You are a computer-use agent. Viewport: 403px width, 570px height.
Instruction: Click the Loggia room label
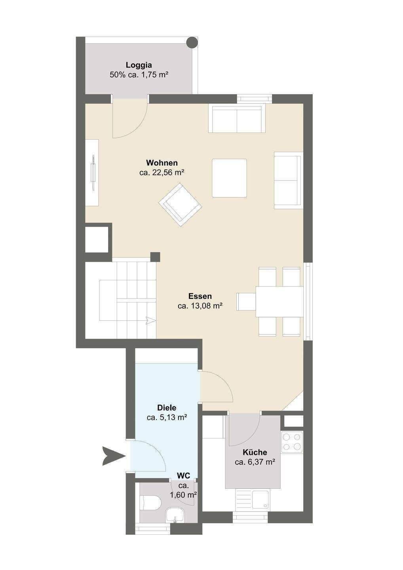click(139, 65)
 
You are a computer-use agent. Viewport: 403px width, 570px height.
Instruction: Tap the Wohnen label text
click(162, 162)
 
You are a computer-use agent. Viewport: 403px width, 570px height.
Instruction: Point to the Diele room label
click(167, 408)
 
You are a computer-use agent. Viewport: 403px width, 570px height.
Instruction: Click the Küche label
click(255, 452)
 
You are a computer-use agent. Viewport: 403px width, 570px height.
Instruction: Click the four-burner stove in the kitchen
click(292, 442)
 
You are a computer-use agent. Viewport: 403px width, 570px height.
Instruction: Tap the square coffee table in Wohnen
click(229, 179)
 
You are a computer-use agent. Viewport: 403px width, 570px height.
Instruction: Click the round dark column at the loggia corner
click(192, 42)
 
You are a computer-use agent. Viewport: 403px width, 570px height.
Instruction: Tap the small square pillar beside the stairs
click(155, 257)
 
